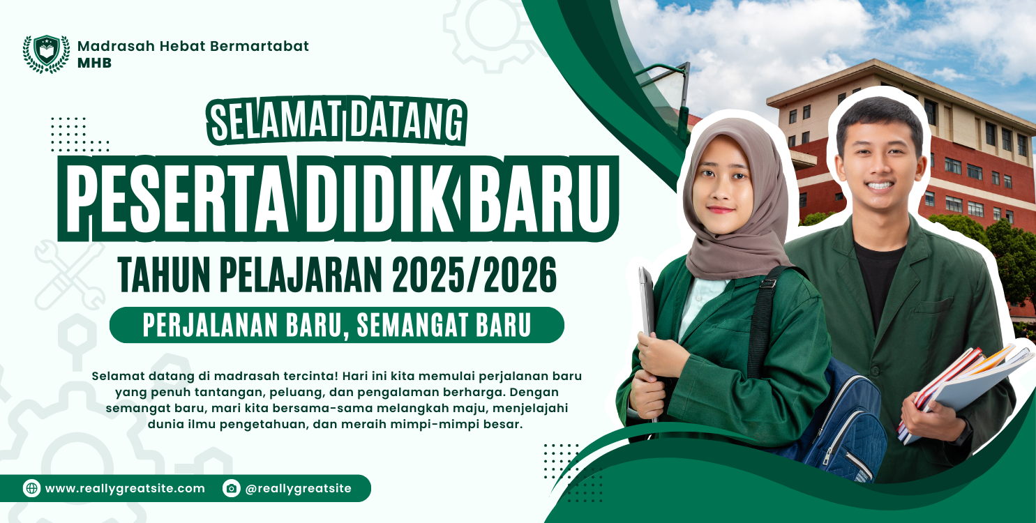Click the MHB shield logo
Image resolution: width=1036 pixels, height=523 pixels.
[x=46, y=54]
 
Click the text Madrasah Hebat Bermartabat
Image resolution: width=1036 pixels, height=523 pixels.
[x=193, y=46]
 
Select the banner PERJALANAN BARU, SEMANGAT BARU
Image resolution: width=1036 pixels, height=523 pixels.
[x=337, y=325]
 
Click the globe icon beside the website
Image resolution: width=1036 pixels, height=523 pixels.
[x=31, y=488]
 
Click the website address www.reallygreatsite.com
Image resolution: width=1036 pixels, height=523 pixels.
[x=125, y=489]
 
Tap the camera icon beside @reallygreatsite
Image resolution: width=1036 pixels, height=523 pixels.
[x=231, y=488]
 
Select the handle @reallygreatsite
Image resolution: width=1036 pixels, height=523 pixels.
[x=298, y=489]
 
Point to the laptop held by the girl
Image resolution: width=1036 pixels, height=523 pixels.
[x=647, y=307]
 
